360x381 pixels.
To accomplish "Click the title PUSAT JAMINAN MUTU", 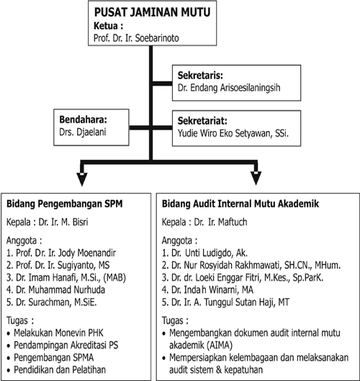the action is pos(153,12).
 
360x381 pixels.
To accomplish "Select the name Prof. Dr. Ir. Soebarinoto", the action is pos(136,38).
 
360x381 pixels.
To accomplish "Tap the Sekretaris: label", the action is pos(200,76).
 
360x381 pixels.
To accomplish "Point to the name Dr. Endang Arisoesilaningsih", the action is pos(229,88).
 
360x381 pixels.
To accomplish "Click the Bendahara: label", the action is pos(83,120).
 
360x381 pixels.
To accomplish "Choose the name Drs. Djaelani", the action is pos(83,133).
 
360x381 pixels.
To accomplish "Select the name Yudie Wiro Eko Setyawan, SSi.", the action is pos(233,133).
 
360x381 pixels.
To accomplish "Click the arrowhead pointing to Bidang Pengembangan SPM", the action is pos(82,179).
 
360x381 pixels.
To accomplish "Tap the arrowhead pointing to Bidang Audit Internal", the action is pos(256,179).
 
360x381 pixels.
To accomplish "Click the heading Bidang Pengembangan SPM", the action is pos(65,204).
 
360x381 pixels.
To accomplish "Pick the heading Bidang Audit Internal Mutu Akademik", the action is pos(240,204).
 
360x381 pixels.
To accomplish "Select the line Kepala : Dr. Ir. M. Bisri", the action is pos(47,222).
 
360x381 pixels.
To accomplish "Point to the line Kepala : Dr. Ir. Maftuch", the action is pos(204,222).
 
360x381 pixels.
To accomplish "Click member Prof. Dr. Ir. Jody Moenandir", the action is pos(61,254).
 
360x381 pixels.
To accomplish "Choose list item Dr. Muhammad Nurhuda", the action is pos(55,290).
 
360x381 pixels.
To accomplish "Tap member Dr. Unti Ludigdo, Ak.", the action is pos(204,254).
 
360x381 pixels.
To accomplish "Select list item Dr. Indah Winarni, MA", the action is pos(207,290).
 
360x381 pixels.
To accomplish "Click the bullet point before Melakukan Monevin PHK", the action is pos(9,333).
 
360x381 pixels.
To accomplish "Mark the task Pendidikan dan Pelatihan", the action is pos(60,369).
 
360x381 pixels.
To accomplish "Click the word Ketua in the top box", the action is pos(106,26).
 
